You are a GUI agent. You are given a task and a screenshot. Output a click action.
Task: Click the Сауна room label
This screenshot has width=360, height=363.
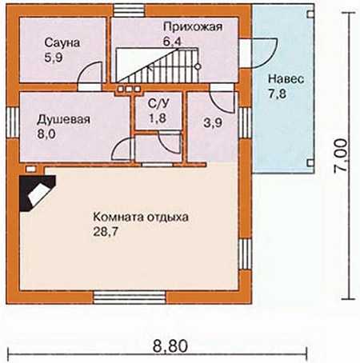coord(62,42)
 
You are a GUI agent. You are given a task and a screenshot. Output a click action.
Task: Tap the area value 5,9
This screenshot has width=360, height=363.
coord(54,58)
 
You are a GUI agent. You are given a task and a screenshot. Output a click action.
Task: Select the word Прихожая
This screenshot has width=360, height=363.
coord(193,27)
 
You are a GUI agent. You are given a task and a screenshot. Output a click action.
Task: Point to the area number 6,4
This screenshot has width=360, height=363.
coord(172,42)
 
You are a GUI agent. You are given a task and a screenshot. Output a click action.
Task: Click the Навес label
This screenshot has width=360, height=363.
coord(286,79)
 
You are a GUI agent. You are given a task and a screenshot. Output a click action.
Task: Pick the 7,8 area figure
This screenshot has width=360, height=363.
coord(278,94)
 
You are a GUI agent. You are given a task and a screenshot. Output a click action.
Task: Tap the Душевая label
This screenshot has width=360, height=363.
coord(63,120)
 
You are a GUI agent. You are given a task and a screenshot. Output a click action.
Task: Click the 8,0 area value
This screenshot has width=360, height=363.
coord(46,134)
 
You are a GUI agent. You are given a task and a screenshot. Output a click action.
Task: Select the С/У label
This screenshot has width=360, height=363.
coord(158,104)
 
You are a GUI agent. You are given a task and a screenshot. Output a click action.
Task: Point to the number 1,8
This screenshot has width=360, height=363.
coord(158,118)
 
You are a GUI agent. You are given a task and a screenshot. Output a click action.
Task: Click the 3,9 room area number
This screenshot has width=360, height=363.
coord(213,123)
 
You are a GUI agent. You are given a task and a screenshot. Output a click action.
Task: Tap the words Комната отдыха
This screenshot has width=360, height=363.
coord(141,217)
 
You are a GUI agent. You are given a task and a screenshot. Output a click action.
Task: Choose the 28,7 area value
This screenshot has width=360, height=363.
coord(106,232)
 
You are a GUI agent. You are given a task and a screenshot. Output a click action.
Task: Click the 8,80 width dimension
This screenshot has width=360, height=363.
coord(170,346)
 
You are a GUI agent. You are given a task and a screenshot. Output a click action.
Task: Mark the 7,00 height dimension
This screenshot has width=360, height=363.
coord(341,156)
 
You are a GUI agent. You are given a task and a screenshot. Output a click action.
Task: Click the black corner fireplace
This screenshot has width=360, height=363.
coord(37,193)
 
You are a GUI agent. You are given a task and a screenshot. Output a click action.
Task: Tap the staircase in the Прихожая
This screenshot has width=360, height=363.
coord(158,65)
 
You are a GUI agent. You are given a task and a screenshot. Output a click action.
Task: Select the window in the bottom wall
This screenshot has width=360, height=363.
coord(130,297)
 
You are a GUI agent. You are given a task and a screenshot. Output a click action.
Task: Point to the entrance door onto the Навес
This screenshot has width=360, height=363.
coord(258,53)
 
